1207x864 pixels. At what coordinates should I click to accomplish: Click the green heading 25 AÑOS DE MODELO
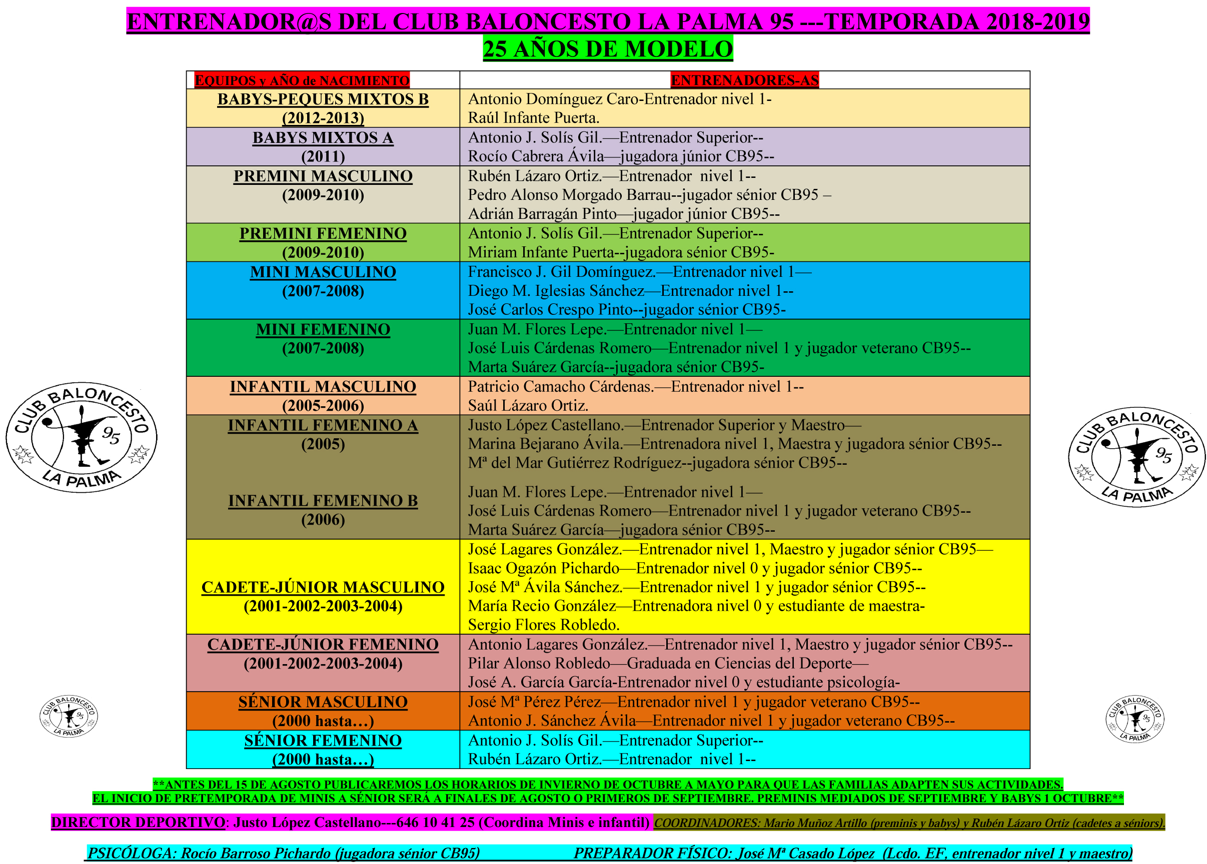click(608, 49)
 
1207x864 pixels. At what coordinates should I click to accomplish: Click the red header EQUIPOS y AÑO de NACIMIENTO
click(302, 80)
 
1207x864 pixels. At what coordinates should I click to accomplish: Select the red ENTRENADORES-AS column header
click(744, 80)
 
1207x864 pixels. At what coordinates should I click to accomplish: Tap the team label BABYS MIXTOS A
click(323, 138)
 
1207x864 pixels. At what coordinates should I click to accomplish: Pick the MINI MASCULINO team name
click(323, 272)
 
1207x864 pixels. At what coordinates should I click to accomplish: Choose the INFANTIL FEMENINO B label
click(323, 501)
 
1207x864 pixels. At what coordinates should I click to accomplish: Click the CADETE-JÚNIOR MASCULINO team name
click(323, 588)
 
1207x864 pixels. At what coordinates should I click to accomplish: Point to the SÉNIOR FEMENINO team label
click(323, 741)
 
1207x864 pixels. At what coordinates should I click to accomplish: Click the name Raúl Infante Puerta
click(533, 118)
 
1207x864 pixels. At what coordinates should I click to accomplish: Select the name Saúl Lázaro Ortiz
click(528, 406)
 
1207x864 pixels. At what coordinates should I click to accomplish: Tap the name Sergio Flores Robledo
click(543, 625)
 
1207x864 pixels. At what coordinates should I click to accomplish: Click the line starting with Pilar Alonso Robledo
click(667, 664)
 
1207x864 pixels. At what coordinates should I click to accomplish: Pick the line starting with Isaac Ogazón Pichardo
click(694, 568)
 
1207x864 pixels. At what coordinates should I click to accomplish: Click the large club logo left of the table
click(82, 437)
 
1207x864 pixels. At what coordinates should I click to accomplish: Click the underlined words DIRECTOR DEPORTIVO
click(139, 823)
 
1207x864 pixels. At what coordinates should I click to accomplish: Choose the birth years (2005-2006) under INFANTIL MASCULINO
click(323, 406)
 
